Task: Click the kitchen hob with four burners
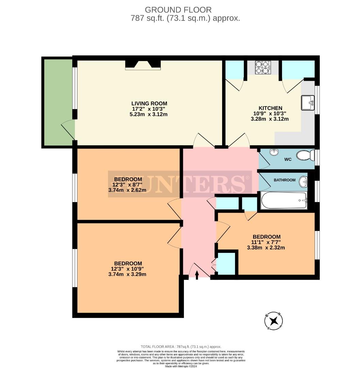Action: point(262,67)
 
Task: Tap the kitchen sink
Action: point(308,103)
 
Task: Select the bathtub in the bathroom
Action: point(284,200)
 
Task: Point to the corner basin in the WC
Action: point(273,152)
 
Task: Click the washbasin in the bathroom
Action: point(303,182)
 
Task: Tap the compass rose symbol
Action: point(274,321)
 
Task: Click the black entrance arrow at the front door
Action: point(197,274)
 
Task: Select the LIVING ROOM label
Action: point(149,104)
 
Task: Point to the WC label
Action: point(288,159)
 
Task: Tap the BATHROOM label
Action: point(285,180)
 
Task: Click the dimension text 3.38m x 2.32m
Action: point(266,248)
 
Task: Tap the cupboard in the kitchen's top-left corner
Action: point(235,70)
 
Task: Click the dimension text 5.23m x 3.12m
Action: point(149,114)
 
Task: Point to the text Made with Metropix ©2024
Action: point(181,366)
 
